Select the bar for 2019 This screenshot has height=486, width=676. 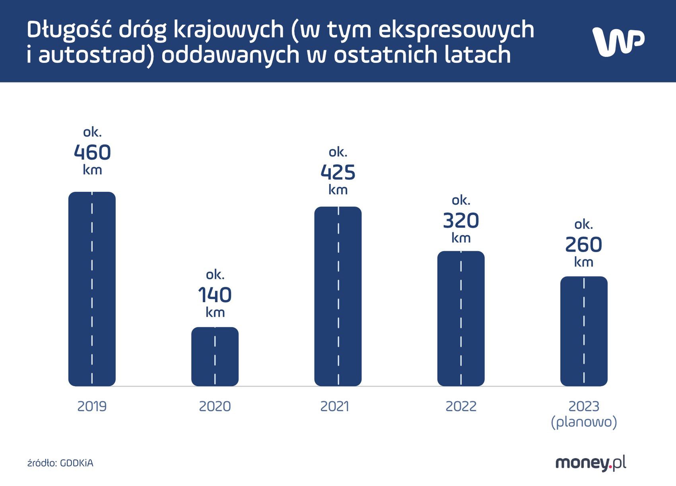pyautogui.click(x=92, y=289)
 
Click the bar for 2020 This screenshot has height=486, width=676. pyautogui.click(x=215, y=357)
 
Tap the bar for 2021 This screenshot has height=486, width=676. pyautogui.click(x=338, y=296)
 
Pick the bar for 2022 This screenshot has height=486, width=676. pyautogui.click(x=461, y=318)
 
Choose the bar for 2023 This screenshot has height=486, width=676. pyautogui.click(x=584, y=331)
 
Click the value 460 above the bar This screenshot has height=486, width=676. pyautogui.click(x=92, y=152)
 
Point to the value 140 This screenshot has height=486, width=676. pyautogui.click(x=215, y=295)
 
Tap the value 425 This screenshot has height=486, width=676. pyautogui.click(x=338, y=172)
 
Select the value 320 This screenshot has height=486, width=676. pyautogui.click(x=461, y=221)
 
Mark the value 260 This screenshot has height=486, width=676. pyautogui.click(x=584, y=245)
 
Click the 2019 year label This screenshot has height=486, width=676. pyautogui.click(x=92, y=406)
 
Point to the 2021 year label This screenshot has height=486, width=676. pyautogui.click(x=335, y=406)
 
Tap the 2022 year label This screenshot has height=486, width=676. pyautogui.click(x=461, y=406)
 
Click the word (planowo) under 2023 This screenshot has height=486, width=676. pyautogui.click(x=584, y=422)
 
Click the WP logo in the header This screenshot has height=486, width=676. pyautogui.click(x=618, y=41)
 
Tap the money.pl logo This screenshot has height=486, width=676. pyautogui.click(x=591, y=463)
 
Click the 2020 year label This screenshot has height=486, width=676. pyautogui.click(x=215, y=406)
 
